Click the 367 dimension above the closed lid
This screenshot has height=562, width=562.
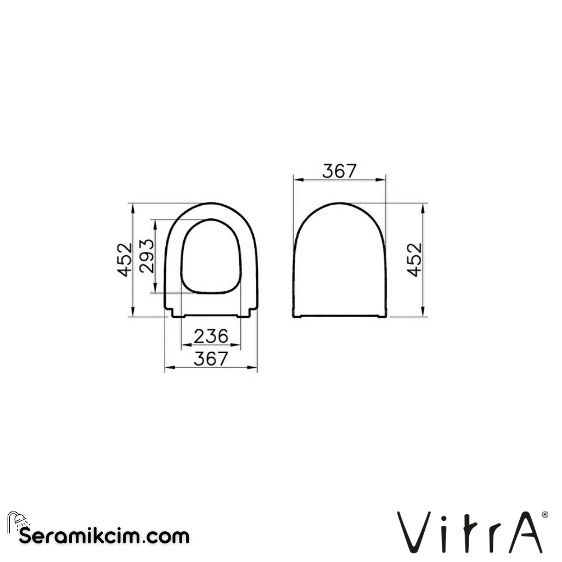point(339,171)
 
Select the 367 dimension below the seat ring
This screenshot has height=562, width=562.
point(211,358)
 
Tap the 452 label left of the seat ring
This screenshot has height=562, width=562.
point(125,259)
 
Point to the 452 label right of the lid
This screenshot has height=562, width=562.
point(414,259)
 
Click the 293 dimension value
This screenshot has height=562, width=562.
point(147,256)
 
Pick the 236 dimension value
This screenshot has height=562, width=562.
point(211,336)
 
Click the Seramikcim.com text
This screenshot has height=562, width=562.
point(104,536)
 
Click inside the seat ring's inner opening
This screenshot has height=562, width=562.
point(211,255)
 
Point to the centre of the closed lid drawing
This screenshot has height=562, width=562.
point(339,261)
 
